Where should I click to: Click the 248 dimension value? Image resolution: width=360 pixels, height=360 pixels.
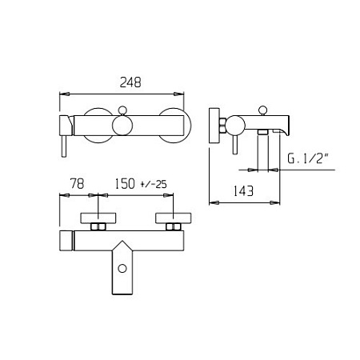pyautogui.click(x=130, y=82)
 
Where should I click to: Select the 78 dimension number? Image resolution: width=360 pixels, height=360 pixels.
pyautogui.click(x=77, y=183)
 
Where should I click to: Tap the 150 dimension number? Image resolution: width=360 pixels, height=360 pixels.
pyautogui.click(x=125, y=184)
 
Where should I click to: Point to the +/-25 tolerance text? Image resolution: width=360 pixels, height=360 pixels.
pyautogui.click(x=154, y=184)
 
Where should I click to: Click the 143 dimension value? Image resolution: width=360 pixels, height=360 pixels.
pyautogui.click(x=243, y=191)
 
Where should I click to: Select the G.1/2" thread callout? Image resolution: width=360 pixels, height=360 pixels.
pyautogui.click(x=307, y=158)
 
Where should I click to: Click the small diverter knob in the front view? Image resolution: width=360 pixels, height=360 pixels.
pyautogui.click(x=122, y=110)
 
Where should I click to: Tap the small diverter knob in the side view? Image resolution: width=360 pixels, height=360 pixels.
pyautogui.click(x=262, y=110)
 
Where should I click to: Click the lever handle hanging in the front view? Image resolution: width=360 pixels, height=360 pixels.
pyautogui.click(x=64, y=146)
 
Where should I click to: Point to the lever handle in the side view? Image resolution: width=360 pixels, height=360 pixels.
pyautogui.click(x=235, y=145)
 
